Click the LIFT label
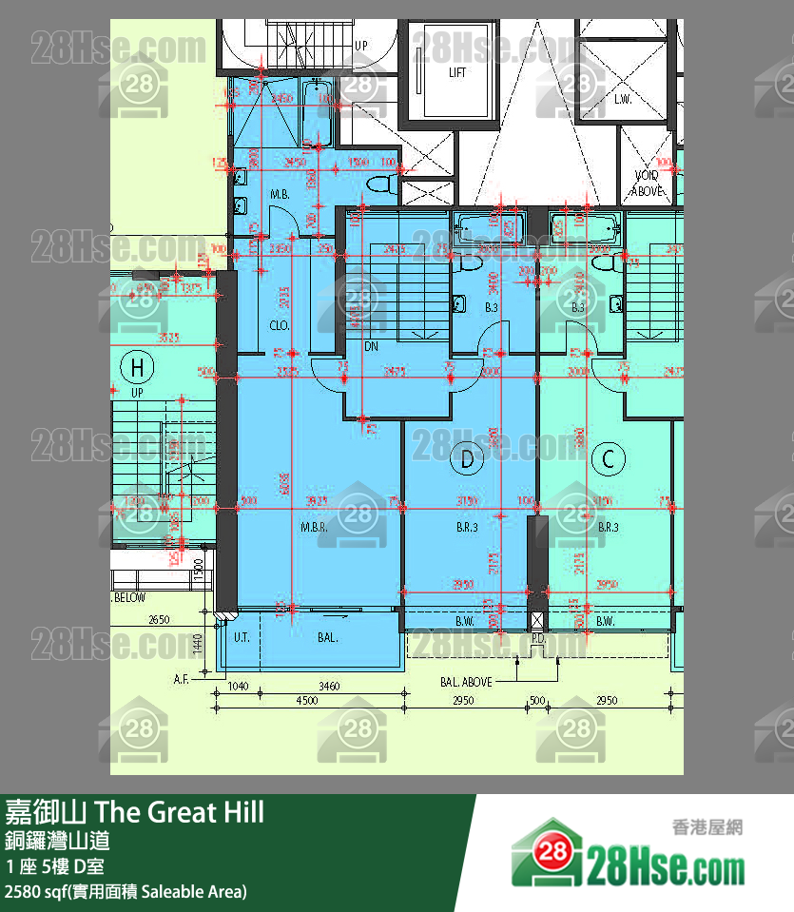pyautogui.click(x=457, y=73)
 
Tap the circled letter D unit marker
pyautogui.click(x=467, y=460)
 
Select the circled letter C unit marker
pyautogui.click(x=609, y=460)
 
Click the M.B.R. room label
pyautogui.click(x=315, y=527)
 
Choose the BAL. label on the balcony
pyautogui.click(x=328, y=638)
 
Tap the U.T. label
pyautogui.click(x=242, y=638)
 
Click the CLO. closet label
pyautogui.click(x=280, y=325)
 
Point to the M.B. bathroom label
pyautogui.click(x=280, y=195)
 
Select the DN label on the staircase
pyautogui.click(x=372, y=347)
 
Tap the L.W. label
pyautogui.click(x=624, y=99)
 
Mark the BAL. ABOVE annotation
pyautogui.click(x=466, y=682)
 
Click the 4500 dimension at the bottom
pyautogui.click(x=306, y=702)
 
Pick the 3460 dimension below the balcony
pyautogui.click(x=329, y=685)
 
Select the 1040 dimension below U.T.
pyautogui.click(x=239, y=685)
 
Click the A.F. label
pyautogui.click(x=183, y=680)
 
